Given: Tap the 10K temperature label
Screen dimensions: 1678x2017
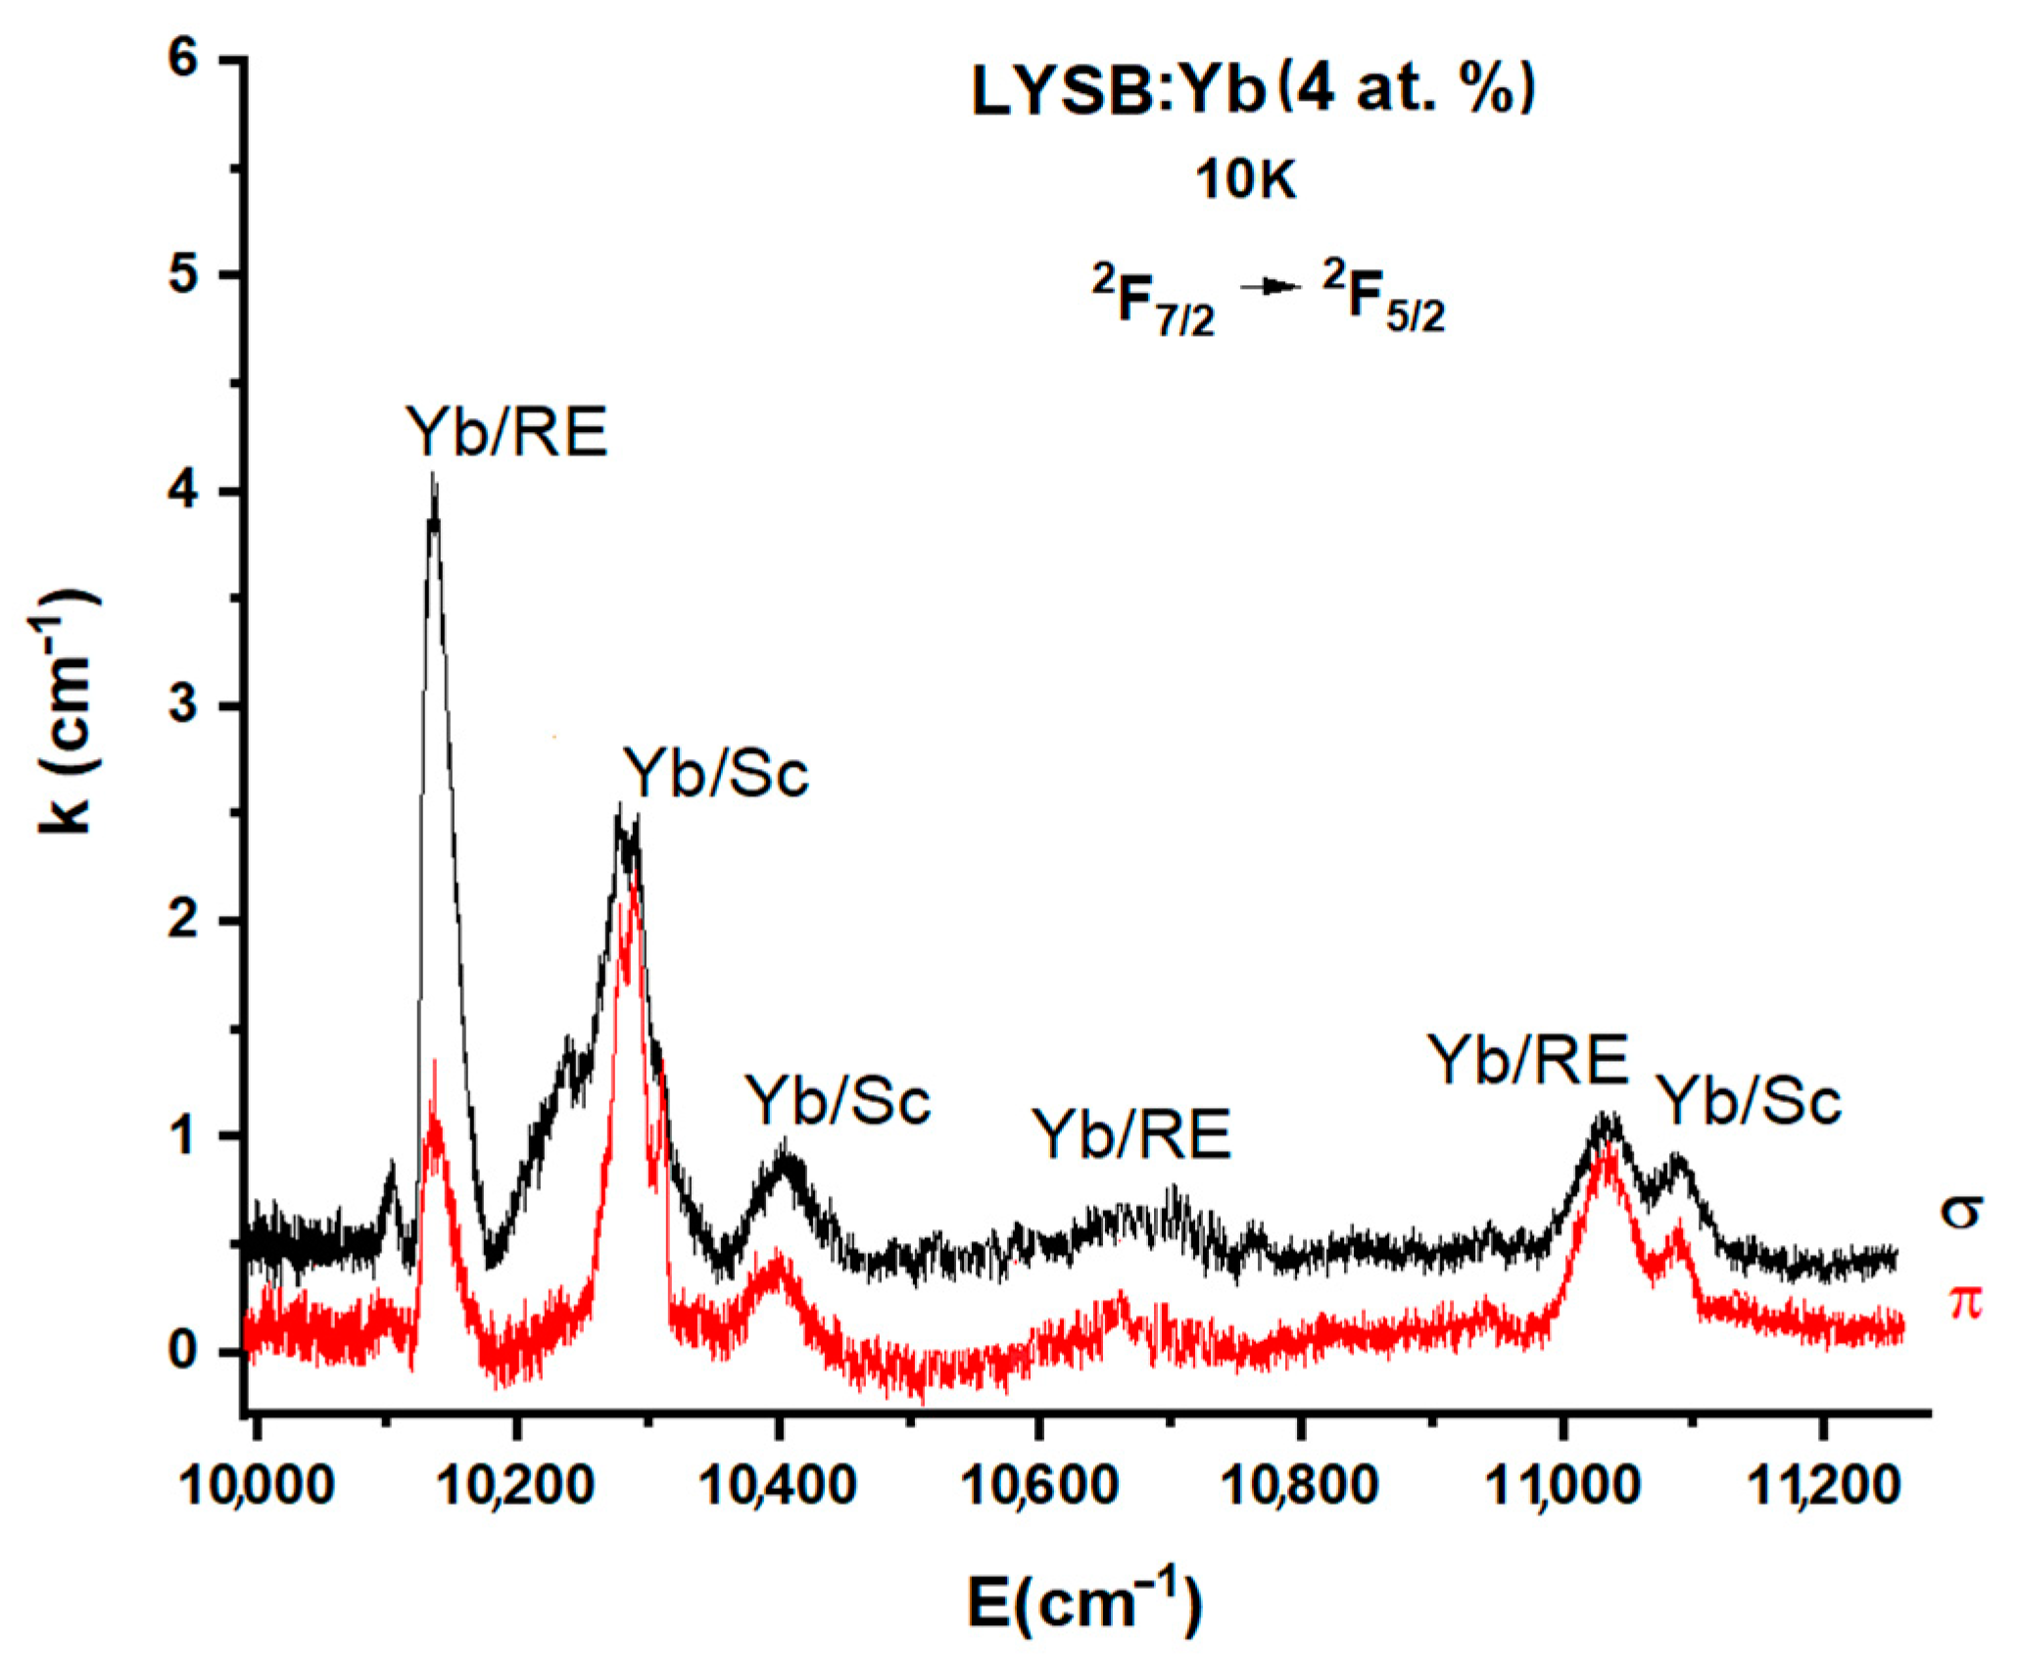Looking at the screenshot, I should (x=1245, y=180).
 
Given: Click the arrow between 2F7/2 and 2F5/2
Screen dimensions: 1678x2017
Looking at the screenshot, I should (x=1270, y=287).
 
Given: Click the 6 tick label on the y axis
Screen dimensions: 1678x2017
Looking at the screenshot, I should (x=184, y=59).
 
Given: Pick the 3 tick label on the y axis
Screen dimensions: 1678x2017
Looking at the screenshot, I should (x=184, y=705).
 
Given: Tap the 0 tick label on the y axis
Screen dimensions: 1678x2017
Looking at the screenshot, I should (x=184, y=1352).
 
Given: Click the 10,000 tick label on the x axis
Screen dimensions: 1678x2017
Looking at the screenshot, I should (x=257, y=1485).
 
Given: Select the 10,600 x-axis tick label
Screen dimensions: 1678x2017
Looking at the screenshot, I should (x=1039, y=1485).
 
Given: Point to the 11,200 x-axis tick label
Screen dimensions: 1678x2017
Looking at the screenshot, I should (x=1824, y=1485).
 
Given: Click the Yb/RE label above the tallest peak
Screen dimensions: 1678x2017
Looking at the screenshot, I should (x=507, y=432).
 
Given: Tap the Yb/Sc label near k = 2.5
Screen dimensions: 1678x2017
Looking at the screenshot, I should (x=717, y=774).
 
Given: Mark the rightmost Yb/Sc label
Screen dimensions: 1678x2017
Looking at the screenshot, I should (x=1750, y=1101).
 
